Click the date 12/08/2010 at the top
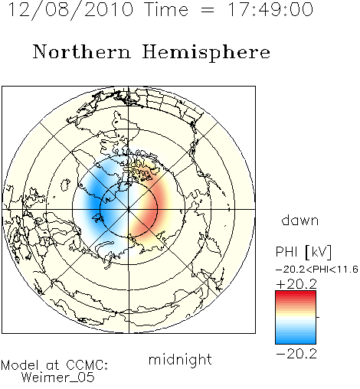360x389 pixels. click(70, 10)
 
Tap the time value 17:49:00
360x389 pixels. click(270, 10)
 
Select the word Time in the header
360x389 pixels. click(166, 10)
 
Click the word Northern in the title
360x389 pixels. click(81, 52)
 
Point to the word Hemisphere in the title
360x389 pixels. click(206, 52)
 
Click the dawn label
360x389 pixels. click(300, 221)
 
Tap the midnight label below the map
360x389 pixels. click(180, 360)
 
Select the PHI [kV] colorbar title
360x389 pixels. click(303, 252)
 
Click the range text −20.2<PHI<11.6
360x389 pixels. click(317, 270)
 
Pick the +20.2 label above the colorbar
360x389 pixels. click(296, 284)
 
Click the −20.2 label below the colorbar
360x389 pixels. click(296, 354)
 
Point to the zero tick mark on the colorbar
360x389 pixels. click(318, 317)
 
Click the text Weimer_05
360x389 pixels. click(58, 377)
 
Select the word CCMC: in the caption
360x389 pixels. click(87, 365)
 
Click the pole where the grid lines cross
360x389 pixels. click(129, 209)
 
